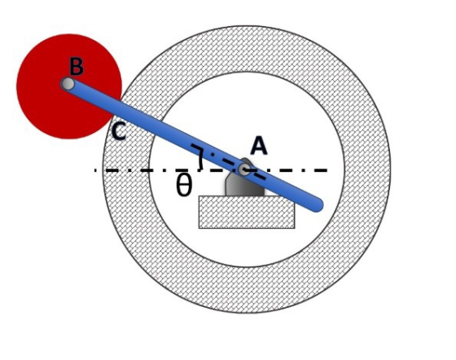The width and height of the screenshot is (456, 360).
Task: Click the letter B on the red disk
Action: pyautogui.click(x=77, y=67)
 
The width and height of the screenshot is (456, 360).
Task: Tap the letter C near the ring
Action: pyautogui.click(x=119, y=131)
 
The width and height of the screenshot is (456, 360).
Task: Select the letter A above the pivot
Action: pyautogui.click(x=259, y=146)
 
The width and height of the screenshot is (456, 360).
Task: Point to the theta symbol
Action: pyautogui.click(x=184, y=186)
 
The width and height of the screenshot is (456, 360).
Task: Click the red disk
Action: pyautogui.click(x=69, y=86)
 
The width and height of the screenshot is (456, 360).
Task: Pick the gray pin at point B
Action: pyautogui.click(x=68, y=85)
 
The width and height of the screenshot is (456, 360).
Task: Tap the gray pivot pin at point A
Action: pyautogui.click(x=244, y=169)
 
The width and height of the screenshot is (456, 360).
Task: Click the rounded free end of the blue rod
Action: pyautogui.click(x=317, y=205)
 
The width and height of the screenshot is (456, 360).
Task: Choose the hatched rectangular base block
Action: pyautogui.click(x=247, y=212)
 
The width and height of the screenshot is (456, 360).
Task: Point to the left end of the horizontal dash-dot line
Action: pyautogui.click(x=94, y=170)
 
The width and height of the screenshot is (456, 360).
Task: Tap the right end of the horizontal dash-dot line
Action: pyautogui.click(x=327, y=170)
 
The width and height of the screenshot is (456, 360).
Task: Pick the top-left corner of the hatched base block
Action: pyautogui.click(x=199, y=196)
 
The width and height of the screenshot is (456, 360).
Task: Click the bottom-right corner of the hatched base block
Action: pyautogui.click(x=295, y=228)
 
